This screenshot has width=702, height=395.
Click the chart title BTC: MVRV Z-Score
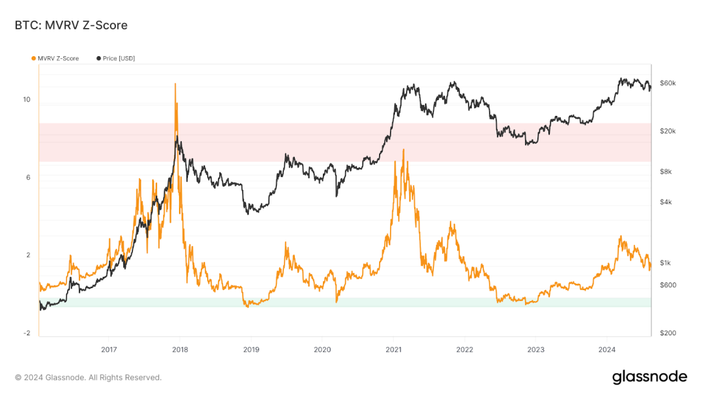click(71, 25)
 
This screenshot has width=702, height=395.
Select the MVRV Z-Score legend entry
click(58, 58)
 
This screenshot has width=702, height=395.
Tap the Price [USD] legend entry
click(118, 58)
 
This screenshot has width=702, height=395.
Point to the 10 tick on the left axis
click(27, 99)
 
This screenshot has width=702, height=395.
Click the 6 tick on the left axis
click(28, 178)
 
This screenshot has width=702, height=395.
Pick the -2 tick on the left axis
click(27, 333)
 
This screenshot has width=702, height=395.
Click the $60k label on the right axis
click(667, 83)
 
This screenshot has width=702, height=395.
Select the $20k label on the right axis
click(667, 131)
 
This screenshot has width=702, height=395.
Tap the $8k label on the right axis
click(665, 172)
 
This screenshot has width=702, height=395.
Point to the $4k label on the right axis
click(665, 202)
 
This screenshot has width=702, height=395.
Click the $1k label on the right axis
click(665, 263)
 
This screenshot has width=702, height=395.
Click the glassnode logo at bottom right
click(649, 376)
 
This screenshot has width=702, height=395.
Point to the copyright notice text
click(88, 377)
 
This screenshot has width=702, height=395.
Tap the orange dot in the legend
click(34, 58)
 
